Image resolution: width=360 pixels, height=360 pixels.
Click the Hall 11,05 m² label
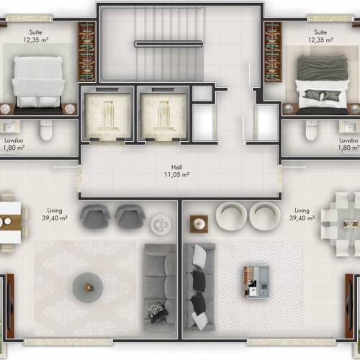[176, 171]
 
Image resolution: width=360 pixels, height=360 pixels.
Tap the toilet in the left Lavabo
[46, 130]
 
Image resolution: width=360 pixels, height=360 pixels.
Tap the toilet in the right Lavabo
[311, 130]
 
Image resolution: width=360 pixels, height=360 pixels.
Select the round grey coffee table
[88, 287]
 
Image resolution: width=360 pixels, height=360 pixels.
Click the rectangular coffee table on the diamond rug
[256, 282]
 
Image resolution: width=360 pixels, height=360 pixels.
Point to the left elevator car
[107, 114]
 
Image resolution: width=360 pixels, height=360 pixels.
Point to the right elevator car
[163, 114]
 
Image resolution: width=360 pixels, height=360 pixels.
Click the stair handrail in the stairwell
[168, 44]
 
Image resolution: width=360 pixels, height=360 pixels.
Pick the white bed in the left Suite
[38, 82]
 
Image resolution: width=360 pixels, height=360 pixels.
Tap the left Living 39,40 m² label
[55, 215]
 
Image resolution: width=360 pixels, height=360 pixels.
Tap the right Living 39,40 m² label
[302, 215]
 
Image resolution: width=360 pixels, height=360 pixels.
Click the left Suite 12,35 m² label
[36, 36]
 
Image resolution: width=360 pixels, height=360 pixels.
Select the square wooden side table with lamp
[199, 224]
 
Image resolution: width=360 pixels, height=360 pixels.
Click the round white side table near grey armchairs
[161, 224]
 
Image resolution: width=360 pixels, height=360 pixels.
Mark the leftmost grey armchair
[95, 217]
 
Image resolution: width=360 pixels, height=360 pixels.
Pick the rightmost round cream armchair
[265, 216]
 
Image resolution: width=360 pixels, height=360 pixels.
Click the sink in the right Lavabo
[349, 126]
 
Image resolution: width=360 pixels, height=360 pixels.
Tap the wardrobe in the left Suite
[86, 52]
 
